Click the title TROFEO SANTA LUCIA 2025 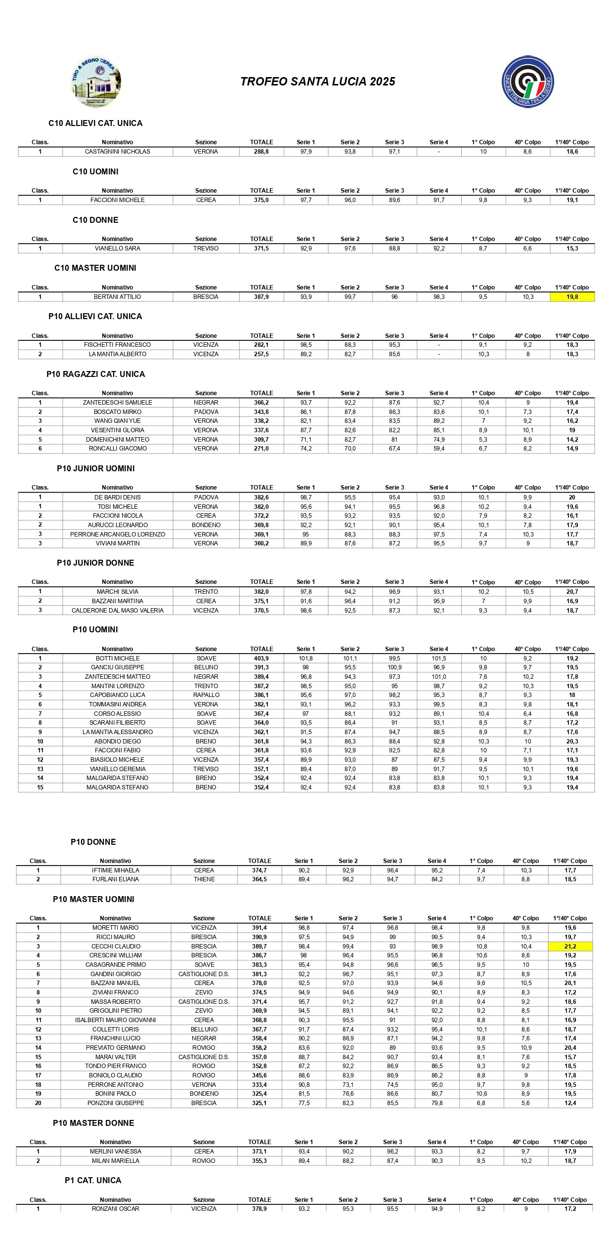coord(317,82)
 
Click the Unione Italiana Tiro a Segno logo coord(527,82)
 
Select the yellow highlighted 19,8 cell coord(572,297)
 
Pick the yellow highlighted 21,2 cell coord(570,947)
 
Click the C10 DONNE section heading coord(95,220)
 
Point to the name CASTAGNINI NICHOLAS coord(118,152)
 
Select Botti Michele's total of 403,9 coord(261,659)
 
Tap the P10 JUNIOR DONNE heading coord(95,563)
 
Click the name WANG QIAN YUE coord(118,421)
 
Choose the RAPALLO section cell coord(206,695)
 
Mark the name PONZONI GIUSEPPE coord(116,1103)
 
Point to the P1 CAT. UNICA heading coord(93,1181)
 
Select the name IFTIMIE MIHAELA coord(116,870)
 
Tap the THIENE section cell coord(204,879)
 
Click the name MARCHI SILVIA coord(118,592)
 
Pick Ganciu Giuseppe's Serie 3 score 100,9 coord(394,667)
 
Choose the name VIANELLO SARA coord(118,248)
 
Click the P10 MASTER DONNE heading coord(93,1123)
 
